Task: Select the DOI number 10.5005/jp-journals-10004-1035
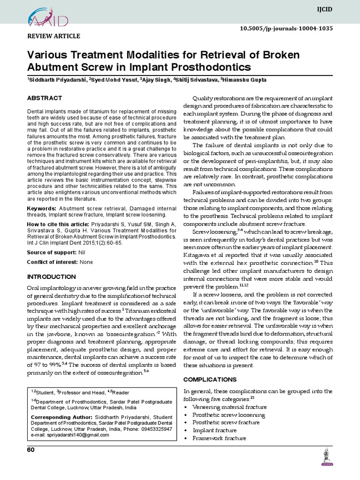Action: click(x=292, y=28)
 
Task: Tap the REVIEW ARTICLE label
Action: click(x=54, y=36)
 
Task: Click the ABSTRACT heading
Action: click(x=45, y=98)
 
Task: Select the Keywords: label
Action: click(x=42, y=208)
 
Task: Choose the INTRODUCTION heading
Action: click(x=52, y=277)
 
